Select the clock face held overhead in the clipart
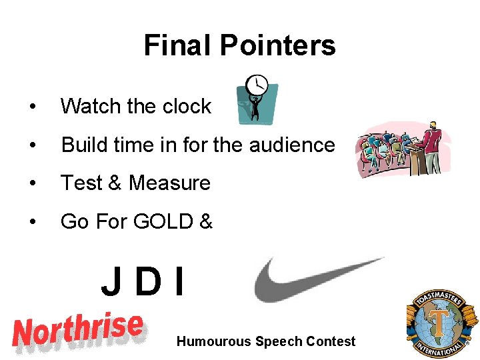pos(255,85)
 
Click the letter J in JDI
pos(110,281)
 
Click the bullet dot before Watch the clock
pos(32,107)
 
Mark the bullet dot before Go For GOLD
pos(32,223)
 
